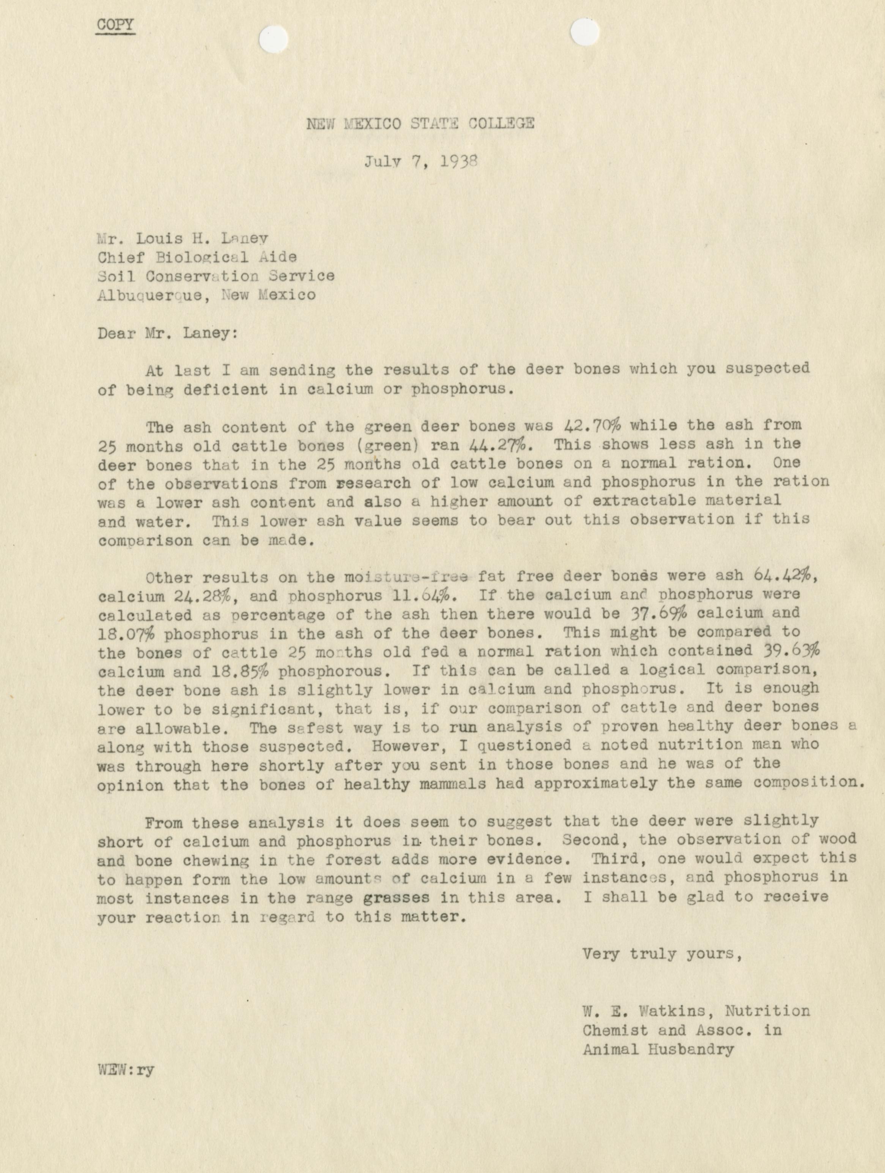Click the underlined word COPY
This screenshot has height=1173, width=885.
coord(115,25)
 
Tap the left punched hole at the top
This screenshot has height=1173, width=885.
coord(274,39)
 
